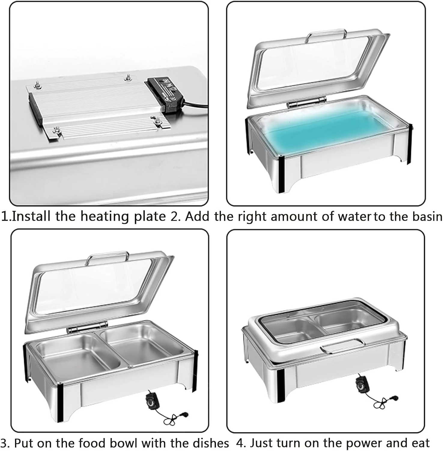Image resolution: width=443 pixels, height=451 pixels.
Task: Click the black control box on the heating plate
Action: [x=165, y=94]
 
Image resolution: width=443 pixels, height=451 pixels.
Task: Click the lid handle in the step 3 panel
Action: [x=107, y=258]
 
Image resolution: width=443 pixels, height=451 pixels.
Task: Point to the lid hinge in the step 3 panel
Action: [x=87, y=327]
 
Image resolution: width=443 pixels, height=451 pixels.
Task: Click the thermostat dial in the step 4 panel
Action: [x=362, y=384]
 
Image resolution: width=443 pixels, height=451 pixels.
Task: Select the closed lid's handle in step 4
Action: [x=342, y=346]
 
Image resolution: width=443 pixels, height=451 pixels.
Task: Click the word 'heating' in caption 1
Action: [x=105, y=217]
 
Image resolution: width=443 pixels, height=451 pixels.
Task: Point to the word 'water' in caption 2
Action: [x=355, y=216]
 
